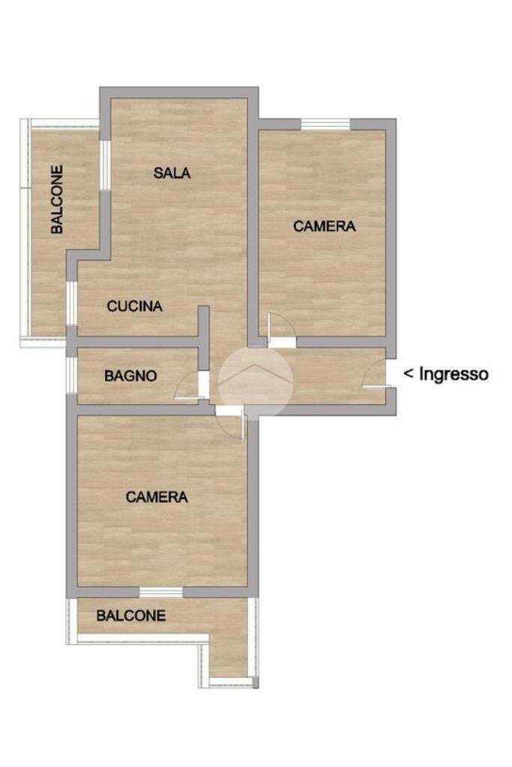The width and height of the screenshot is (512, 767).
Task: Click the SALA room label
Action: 172,173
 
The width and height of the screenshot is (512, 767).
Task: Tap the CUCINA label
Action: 135,306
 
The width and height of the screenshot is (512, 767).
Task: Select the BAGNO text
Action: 130,376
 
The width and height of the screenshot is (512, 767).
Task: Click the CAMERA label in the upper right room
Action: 324,226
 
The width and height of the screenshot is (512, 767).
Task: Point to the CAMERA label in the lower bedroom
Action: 157,496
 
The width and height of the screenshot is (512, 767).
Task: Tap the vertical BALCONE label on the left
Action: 57,199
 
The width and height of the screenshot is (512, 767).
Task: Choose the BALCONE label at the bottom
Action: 131,616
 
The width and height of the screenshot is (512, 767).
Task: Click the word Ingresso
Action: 454,373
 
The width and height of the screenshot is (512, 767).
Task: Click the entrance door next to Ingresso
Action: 376,375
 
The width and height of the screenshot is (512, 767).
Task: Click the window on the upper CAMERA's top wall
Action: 325,124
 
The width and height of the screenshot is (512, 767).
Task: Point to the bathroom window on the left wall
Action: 70,375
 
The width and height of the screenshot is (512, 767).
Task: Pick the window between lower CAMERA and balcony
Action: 160,592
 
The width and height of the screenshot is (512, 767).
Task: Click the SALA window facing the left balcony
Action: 106,164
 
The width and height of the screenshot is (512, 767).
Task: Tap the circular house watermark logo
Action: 255,382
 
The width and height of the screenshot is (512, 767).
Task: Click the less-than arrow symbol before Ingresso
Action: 409,373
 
